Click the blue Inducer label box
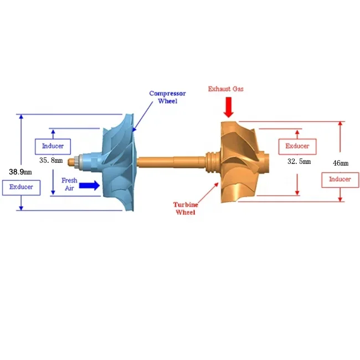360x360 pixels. [53, 146]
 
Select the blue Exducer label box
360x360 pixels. [21, 187]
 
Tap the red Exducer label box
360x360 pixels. [297, 146]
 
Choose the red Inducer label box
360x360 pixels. [340, 179]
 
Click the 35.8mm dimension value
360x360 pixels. [51, 160]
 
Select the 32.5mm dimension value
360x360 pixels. [299, 162]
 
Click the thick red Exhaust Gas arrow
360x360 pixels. [228, 107]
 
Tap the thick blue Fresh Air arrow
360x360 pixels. [89, 186]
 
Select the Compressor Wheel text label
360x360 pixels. [167, 97]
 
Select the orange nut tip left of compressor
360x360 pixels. [71, 162]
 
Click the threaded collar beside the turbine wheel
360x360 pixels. [211, 161]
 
